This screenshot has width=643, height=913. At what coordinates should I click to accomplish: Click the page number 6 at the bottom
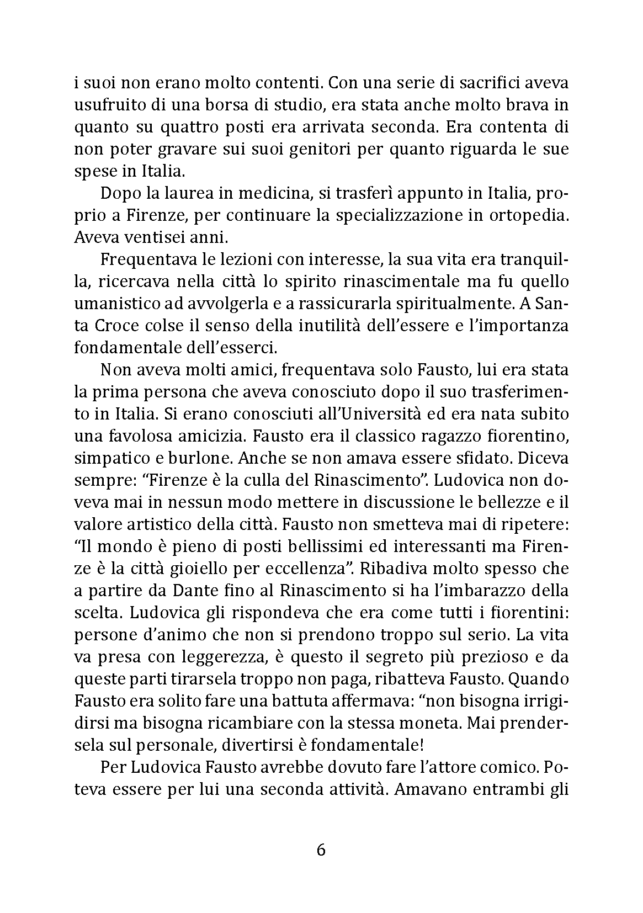pyautogui.click(x=321, y=850)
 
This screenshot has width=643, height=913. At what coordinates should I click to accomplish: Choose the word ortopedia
pyautogui.click(x=528, y=216)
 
